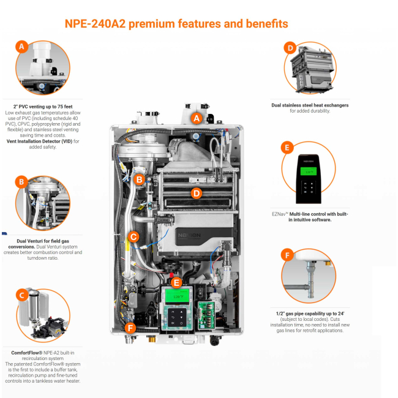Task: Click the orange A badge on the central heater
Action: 197,118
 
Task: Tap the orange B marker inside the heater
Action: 139,179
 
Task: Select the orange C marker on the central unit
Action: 133,237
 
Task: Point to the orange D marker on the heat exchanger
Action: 197,193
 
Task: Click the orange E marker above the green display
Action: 176,283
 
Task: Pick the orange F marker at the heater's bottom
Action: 130,328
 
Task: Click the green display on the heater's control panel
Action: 178,296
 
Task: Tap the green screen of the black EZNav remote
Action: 309,171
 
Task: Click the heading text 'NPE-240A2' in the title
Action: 95,24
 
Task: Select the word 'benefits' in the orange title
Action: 267,24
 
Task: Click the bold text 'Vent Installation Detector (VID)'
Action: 39,141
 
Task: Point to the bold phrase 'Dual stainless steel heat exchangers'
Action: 310,105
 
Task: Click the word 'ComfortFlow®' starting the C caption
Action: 27,353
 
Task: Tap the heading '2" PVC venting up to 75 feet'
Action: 43,107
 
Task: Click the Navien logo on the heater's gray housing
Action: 189,235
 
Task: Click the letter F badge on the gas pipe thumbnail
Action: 287,255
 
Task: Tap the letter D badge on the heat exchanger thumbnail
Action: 290,48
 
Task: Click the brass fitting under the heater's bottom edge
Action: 152,339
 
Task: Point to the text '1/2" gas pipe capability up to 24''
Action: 310,314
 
